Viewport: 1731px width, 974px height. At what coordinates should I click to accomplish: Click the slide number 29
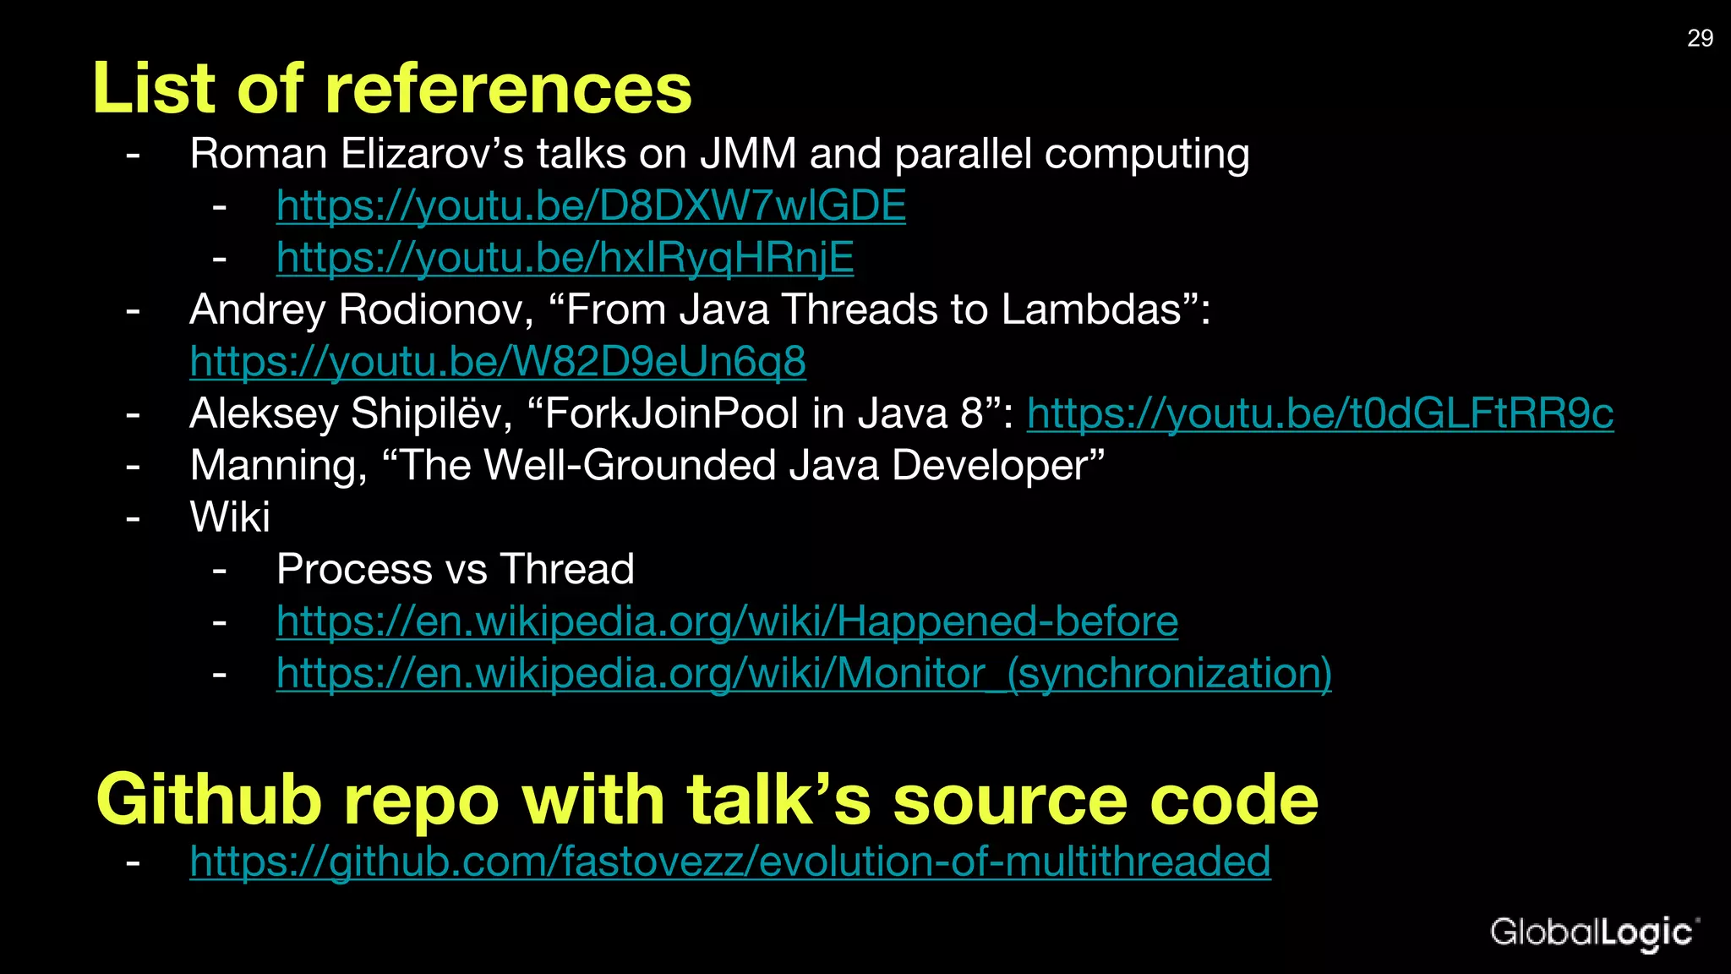tap(1700, 38)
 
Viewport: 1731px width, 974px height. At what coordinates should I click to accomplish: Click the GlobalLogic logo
tap(1593, 933)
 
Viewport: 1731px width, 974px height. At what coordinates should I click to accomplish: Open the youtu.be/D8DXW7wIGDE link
tap(591, 205)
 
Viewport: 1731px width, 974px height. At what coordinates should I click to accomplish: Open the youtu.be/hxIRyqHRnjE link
tap(565, 258)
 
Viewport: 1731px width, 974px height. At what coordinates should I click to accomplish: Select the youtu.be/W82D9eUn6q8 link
tap(498, 362)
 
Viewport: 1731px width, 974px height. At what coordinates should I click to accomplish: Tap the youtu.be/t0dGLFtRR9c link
tap(1319, 414)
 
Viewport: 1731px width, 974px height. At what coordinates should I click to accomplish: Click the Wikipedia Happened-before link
tap(727, 621)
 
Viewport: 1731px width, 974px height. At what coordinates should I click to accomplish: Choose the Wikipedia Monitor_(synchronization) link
tap(804, 674)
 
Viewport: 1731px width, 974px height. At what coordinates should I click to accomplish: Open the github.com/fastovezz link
tap(729, 862)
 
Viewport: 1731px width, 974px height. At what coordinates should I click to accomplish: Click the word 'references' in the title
tap(508, 89)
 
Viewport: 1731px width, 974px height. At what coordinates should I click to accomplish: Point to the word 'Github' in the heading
tap(209, 799)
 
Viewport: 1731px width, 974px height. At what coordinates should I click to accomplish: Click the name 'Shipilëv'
tap(431, 414)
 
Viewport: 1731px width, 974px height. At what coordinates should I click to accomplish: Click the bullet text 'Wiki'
tap(230, 517)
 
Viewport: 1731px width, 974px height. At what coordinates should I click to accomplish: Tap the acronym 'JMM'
tap(748, 154)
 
